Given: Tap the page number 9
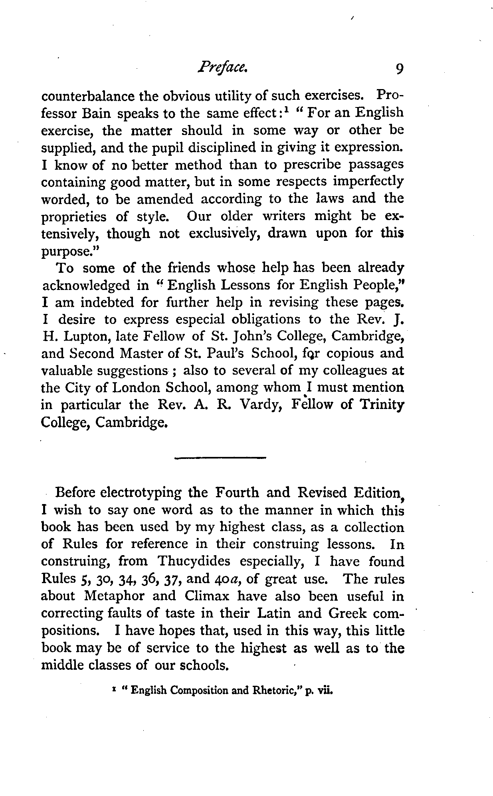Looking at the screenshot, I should tap(399, 69).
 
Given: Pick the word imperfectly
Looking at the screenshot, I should tap(368, 182).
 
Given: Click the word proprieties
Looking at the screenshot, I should tap(74, 217).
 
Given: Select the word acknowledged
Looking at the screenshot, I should tap(86, 286).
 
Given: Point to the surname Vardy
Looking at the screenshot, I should tap(259, 405).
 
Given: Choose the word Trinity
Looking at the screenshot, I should tap(382, 405).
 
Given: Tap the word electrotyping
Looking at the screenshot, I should tap(141, 493).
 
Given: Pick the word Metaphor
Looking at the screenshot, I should tap(130, 596).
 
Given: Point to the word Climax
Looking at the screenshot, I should tap(207, 596).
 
